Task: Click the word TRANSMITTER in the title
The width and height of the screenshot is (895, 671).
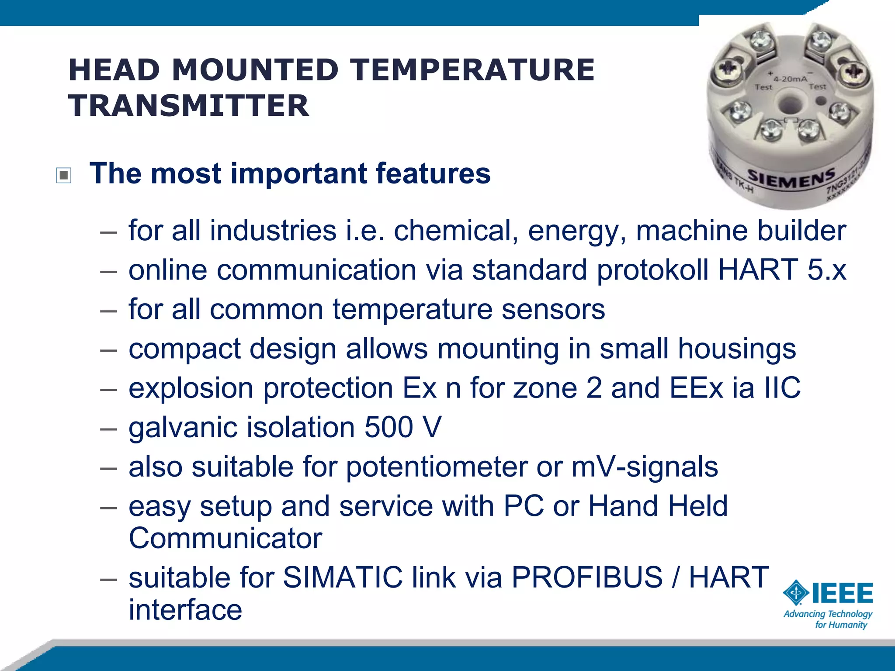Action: [188, 106]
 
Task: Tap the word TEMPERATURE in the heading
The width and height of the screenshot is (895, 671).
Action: [473, 70]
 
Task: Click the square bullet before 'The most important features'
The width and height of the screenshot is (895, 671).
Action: [64, 176]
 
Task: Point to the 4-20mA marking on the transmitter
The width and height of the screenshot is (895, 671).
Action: [790, 79]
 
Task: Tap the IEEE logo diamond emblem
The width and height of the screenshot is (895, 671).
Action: [796, 593]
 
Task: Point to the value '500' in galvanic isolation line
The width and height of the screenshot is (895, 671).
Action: [389, 427]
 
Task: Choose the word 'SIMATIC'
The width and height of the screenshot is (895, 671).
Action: [343, 578]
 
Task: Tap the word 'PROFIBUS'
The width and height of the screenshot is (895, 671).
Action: [587, 578]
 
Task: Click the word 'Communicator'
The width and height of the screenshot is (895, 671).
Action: [225, 538]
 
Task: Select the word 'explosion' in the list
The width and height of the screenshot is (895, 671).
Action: [191, 388]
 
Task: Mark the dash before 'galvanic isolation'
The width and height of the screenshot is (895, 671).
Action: [108, 429]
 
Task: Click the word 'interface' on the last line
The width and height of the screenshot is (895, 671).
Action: [185, 610]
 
